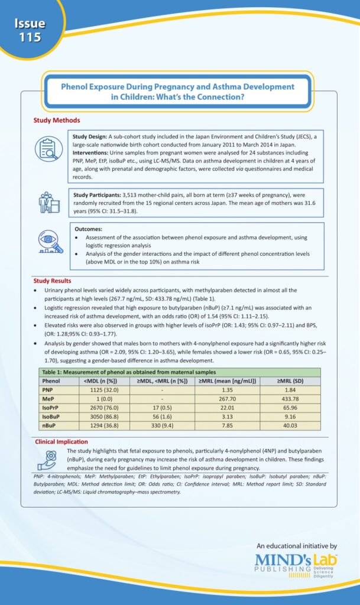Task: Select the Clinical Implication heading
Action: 61,441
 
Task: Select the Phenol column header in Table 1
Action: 53,381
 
